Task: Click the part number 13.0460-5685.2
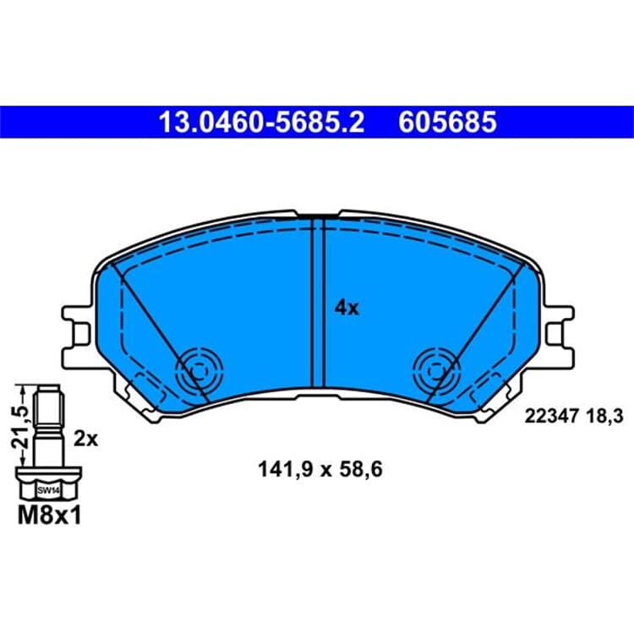(x=261, y=122)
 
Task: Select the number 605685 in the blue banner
(x=447, y=122)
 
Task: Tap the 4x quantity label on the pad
(x=347, y=308)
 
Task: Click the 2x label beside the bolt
(x=85, y=439)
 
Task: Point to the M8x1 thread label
(x=49, y=516)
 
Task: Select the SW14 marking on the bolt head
(x=48, y=491)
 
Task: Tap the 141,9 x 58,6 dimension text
(x=320, y=470)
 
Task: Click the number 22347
(x=551, y=416)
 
